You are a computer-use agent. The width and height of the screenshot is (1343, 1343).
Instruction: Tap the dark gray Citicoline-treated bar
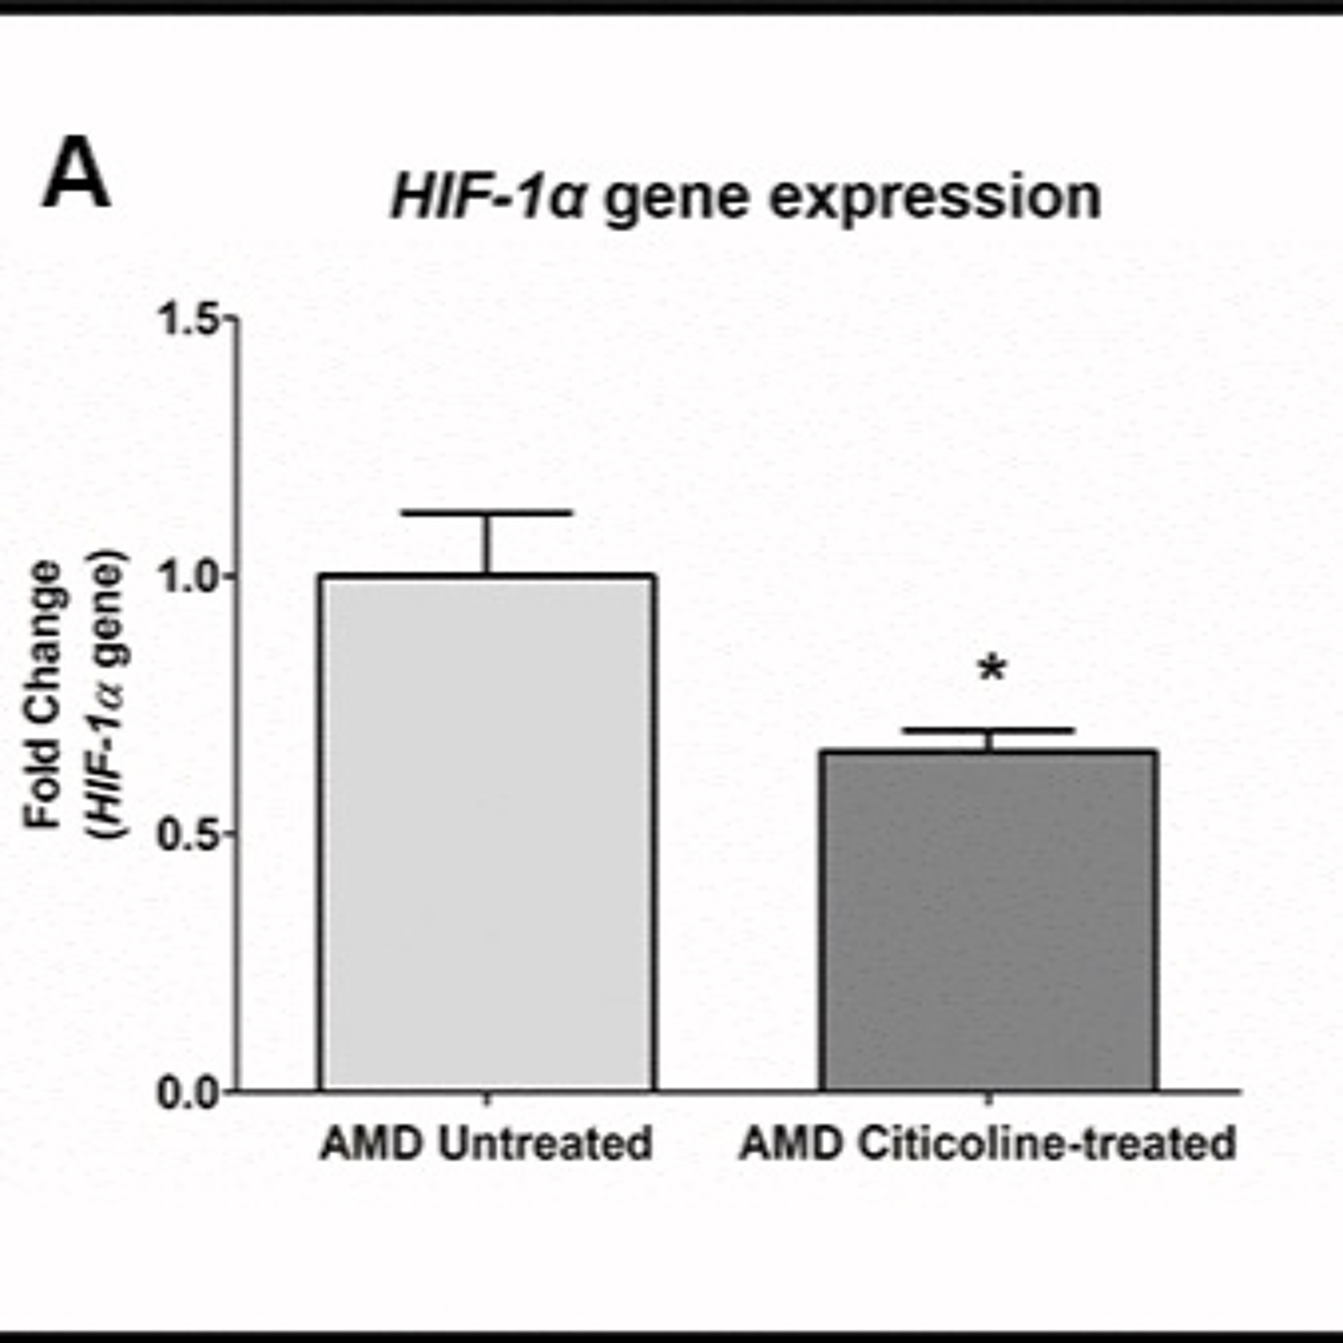coord(988,921)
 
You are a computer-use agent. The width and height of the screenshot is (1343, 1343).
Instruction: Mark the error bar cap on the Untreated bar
coord(488,513)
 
